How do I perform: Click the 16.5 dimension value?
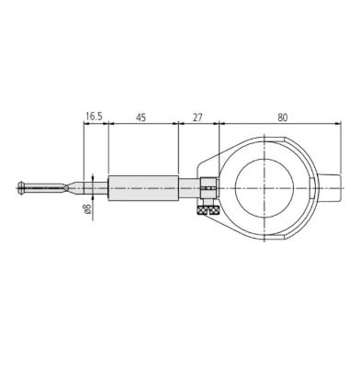pos(94,117)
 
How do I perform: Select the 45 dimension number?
pos(141,117)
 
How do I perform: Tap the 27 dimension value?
pos(197,117)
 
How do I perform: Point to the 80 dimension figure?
pos(283,117)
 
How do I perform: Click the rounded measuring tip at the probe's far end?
pos(21,187)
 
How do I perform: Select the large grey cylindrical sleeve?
pos(143,188)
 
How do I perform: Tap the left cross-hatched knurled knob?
pos(202,210)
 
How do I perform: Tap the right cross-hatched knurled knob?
pos(213,210)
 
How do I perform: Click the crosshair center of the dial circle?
pos(264,187)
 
